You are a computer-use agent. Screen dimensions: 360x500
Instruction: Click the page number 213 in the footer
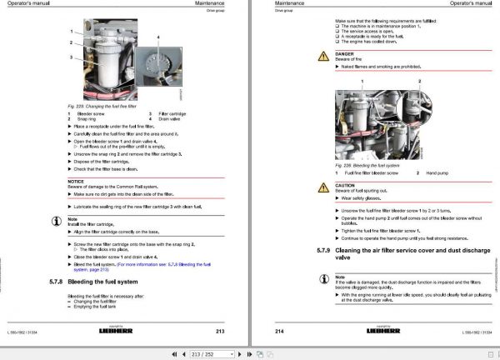[218, 330]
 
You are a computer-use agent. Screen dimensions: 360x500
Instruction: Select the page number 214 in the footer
[280, 330]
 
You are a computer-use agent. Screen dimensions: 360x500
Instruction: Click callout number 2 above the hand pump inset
[418, 82]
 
